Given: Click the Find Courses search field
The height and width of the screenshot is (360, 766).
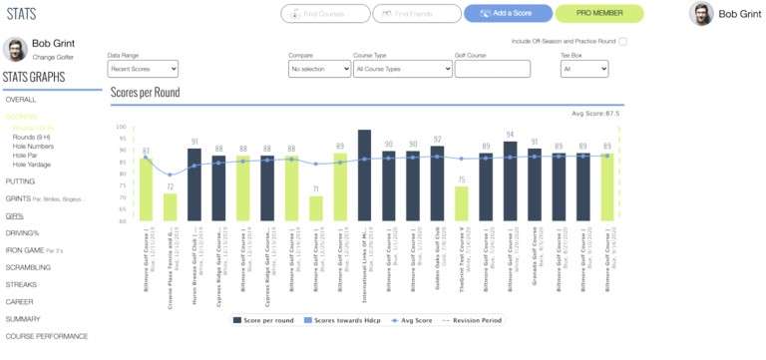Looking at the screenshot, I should (324, 14).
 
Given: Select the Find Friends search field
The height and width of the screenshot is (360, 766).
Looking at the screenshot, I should (415, 14).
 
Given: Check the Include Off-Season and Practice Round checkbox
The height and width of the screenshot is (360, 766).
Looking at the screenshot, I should (622, 42).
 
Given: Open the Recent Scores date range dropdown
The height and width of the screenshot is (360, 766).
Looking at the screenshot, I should (143, 69).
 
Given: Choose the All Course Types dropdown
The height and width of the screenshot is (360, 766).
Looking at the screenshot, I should (401, 69).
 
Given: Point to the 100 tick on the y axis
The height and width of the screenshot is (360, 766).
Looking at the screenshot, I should (121, 128).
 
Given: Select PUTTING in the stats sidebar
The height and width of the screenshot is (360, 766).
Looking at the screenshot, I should (21, 181).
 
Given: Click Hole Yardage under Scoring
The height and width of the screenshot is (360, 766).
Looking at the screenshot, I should (34, 165).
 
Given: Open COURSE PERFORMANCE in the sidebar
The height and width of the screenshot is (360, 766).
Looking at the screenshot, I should (48, 336).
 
